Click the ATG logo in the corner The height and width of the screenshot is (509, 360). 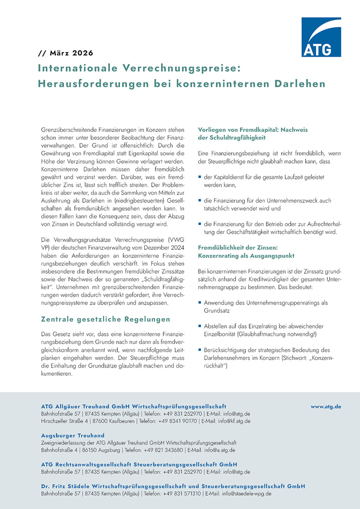321,37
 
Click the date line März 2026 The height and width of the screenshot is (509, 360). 66,53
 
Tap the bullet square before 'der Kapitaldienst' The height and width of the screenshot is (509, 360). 200,176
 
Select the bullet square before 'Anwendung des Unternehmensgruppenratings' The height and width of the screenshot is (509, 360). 200,302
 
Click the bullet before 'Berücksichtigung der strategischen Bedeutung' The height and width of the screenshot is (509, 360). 200,349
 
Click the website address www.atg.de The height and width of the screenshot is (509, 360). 326,407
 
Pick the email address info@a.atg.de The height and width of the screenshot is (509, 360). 220,450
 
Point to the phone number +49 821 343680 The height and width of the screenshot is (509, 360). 172,450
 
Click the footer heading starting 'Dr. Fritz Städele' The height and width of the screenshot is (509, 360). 173,486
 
